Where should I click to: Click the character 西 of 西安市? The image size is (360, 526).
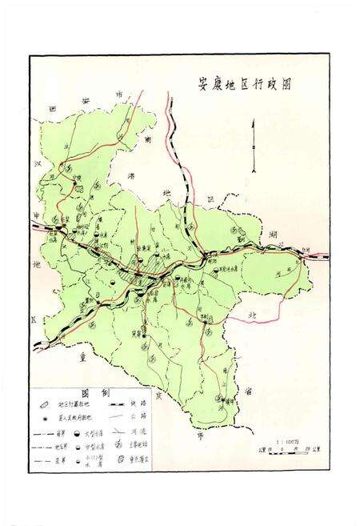click(51, 107)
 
